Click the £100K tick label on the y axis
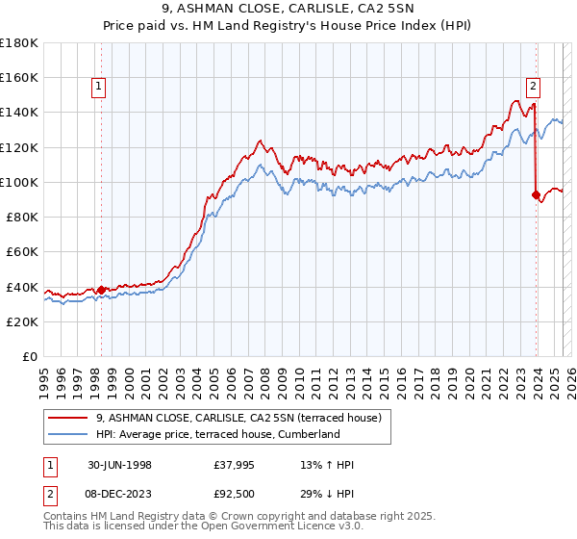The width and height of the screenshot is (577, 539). click(19, 182)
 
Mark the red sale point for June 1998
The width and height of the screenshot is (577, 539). click(102, 289)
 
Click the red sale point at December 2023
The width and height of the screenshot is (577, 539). click(536, 194)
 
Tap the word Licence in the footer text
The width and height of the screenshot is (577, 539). click(320, 526)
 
